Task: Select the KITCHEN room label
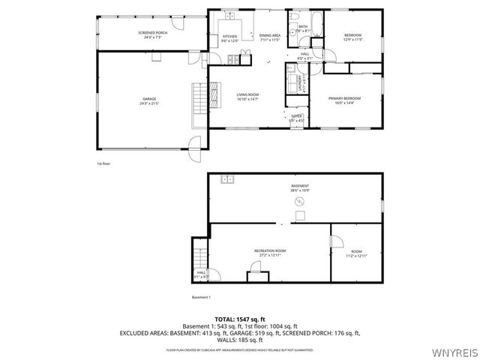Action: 229,37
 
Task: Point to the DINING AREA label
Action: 269,36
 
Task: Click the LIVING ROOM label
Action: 247,95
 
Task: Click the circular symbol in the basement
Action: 299,202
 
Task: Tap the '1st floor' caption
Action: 103,163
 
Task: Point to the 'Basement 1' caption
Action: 201,297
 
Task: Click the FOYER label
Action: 297,117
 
